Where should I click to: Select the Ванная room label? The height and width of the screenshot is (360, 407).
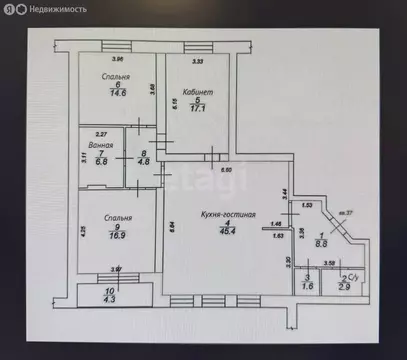point(99,146)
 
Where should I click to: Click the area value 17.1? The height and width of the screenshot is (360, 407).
point(197,109)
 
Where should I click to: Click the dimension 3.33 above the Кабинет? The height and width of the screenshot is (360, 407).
point(198,62)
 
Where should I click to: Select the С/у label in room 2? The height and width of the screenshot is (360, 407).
point(351,278)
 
